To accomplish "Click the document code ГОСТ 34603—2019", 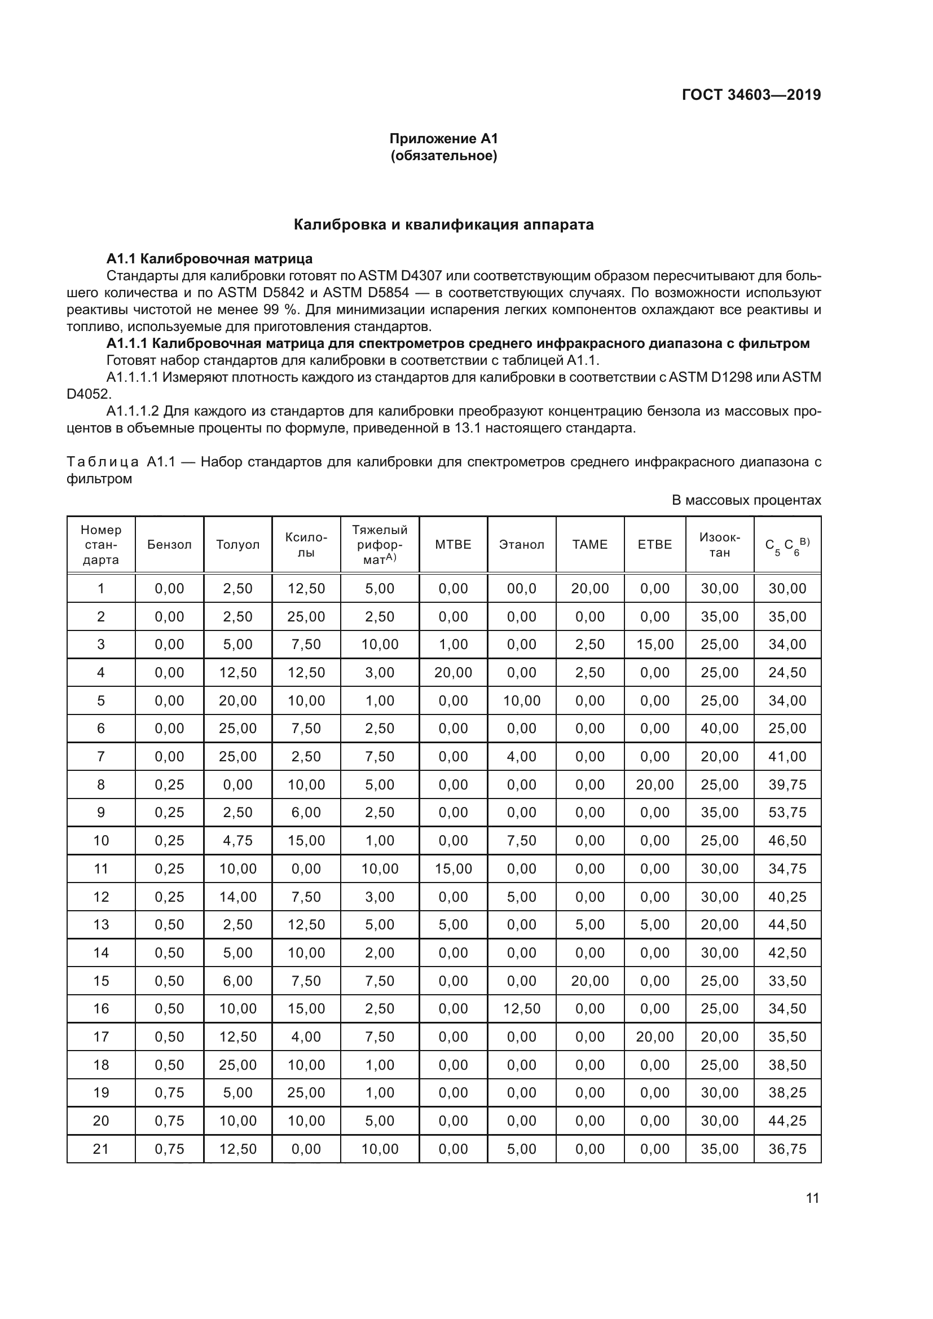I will pyautogui.click(x=751, y=95).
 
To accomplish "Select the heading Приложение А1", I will pyautogui.click(x=443, y=139).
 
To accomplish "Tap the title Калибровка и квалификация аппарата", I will pyautogui.click(x=443, y=224).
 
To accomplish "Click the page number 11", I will pyautogui.click(x=812, y=1198).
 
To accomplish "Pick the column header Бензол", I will pyautogui.click(x=169, y=545).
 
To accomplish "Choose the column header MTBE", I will pyautogui.click(x=454, y=545).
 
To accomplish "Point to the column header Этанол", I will pyautogui.click(x=521, y=545).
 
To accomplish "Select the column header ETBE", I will pyautogui.click(x=654, y=545).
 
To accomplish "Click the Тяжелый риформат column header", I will pyautogui.click(x=380, y=545).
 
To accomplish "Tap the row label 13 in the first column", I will pyautogui.click(x=101, y=925).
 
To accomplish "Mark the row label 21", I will pyautogui.click(x=101, y=1149).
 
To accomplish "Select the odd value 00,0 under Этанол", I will pyautogui.click(x=521, y=589).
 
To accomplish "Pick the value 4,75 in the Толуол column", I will pyautogui.click(x=238, y=841).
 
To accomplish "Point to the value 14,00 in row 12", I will pyautogui.click(x=238, y=897).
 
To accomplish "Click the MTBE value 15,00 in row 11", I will pyautogui.click(x=454, y=868).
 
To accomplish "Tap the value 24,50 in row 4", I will pyautogui.click(x=787, y=673).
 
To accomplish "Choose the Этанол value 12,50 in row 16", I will pyautogui.click(x=521, y=1009).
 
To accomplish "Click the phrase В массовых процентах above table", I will pyautogui.click(x=746, y=500).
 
